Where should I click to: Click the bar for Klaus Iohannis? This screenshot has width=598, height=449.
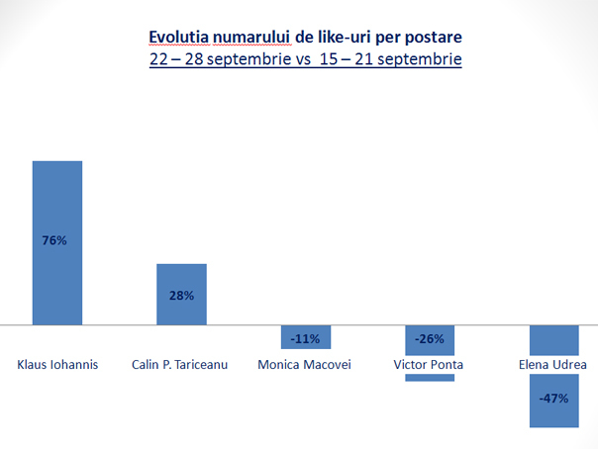pyautogui.click(x=57, y=243)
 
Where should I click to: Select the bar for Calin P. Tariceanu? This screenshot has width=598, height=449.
pyautogui.click(x=181, y=295)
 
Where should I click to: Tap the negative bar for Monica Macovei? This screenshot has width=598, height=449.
pyautogui.click(x=306, y=337)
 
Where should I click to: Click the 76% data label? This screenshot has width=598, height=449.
pyautogui.click(x=54, y=240)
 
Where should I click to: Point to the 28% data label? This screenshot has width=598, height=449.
pyautogui.click(x=181, y=296)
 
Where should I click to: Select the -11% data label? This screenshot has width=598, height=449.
pyautogui.click(x=305, y=338)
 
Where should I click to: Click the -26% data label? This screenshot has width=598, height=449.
pyautogui.click(x=430, y=338)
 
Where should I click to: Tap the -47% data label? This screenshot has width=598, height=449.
pyautogui.click(x=553, y=399)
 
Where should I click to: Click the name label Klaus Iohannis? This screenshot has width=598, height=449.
pyautogui.click(x=57, y=365)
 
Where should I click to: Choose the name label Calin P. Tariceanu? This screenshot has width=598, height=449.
pyautogui.click(x=179, y=365)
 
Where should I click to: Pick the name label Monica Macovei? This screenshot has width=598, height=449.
pyautogui.click(x=304, y=365)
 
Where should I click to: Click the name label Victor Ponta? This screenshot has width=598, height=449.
pyautogui.click(x=429, y=365)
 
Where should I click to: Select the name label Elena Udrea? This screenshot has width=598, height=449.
pyautogui.click(x=552, y=365)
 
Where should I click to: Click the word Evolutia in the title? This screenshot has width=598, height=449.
pyautogui.click(x=179, y=37)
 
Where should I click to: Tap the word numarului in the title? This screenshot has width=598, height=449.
pyautogui.click(x=252, y=37)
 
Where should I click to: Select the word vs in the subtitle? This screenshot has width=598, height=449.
pyautogui.click(x=303, y=59)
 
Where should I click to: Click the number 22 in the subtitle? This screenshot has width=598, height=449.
pyautogui.click(x=158, y=59)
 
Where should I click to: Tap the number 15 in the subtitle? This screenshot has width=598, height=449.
pyautogui.click(x=329, y=59)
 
